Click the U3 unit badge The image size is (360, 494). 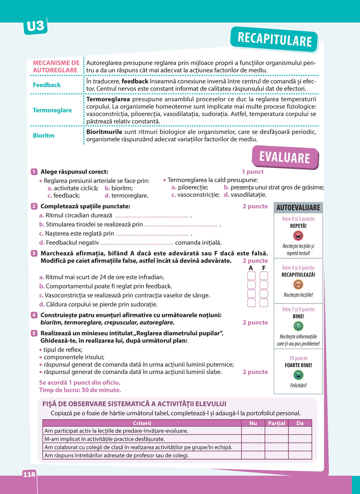tap(35, 26)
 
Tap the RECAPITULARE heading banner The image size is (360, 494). tap(274, 39)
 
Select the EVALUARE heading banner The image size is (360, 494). tap(285, 158)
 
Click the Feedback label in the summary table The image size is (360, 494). tap(47, 85)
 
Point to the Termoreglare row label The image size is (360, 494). tap(52, 110)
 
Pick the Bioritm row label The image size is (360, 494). tap(44, 136)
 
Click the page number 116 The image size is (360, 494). tap(30, 474)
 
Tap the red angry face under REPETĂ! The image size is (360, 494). tap(298, 236)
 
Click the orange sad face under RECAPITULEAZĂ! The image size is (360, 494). tap(298, 285)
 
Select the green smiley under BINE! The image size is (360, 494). tap(298, 326)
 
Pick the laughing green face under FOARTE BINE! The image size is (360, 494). tap(298, 375)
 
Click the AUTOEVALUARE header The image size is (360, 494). tap(298, 208)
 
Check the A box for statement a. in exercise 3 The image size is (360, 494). tap(252, 276)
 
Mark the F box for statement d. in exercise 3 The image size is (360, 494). tap(264, 303)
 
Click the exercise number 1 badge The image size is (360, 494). tap(34, 172)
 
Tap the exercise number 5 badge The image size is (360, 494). tap(34, 334)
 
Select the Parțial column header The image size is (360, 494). tap(276, 423)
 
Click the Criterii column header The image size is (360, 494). tap(142, 423)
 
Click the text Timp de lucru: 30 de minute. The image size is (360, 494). tap(80, 390)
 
